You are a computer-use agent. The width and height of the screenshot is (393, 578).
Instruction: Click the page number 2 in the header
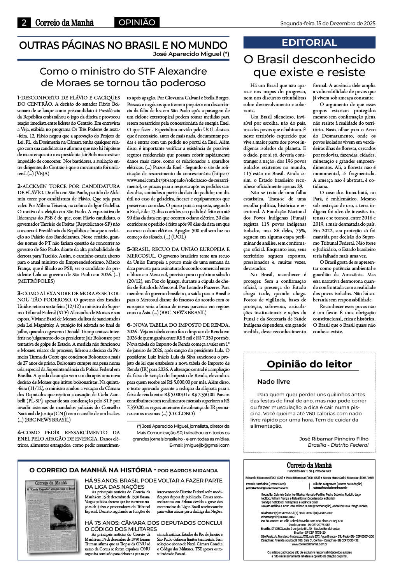point(24,23)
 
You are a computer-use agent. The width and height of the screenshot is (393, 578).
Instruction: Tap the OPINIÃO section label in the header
point(137,23)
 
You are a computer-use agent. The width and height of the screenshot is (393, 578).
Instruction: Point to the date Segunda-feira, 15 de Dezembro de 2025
point(328,23)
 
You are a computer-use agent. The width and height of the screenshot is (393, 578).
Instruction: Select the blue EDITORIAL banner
point(309,42)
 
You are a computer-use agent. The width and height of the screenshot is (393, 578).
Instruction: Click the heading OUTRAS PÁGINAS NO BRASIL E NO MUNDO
point(123,45)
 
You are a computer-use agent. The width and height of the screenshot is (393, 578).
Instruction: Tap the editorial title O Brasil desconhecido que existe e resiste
point(309,66)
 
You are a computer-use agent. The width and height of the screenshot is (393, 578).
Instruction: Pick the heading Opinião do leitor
point(309,364)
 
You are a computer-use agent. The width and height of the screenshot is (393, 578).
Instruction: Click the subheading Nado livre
point(274,381)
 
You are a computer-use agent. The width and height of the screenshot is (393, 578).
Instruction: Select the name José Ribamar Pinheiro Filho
point(333,439)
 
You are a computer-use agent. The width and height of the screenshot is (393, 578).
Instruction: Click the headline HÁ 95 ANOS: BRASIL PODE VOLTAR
point(153,483)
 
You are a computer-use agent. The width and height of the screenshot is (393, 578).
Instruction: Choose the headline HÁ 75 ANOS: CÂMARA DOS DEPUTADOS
point(153,526)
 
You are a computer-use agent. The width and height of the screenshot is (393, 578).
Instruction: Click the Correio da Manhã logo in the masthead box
point(309,465)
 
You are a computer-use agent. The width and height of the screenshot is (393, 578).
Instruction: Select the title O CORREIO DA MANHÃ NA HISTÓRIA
point(91,470)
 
